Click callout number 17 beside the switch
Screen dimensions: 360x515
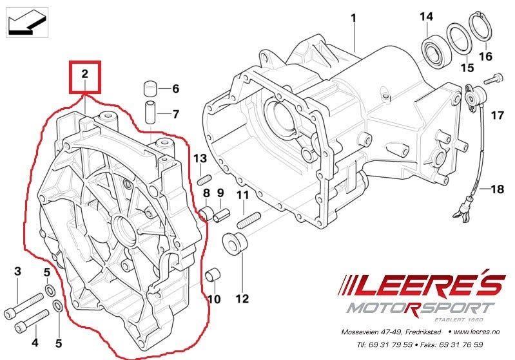496,116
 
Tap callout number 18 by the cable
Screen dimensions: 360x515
497,189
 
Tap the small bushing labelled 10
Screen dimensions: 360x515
210,278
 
